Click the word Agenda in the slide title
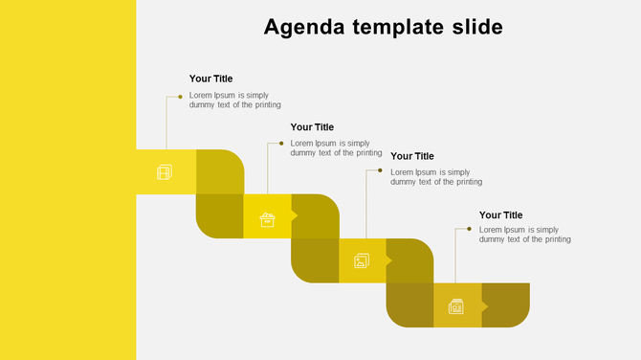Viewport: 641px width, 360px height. [300, 27]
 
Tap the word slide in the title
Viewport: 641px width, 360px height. [476, 27]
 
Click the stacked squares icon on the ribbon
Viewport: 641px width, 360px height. [165, 172]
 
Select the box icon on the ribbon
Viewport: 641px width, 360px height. [268, 220]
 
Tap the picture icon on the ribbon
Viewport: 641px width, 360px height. [362, 260]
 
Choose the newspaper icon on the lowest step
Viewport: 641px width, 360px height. [456, 306]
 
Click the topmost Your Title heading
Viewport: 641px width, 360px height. [210, 79]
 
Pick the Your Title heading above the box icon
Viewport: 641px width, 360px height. [312, 126]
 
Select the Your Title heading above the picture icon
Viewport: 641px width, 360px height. [412, 156]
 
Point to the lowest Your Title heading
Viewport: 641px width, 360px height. [501, 215]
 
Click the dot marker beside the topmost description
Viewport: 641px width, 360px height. [180, 97]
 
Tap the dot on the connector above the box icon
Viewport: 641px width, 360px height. [281, 144]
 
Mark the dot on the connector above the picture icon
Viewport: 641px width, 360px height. [380, 171]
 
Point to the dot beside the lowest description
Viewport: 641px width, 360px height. [469, 229]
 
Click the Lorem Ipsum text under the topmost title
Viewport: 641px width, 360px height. [234, 100]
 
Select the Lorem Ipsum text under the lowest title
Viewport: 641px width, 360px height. [524, 235]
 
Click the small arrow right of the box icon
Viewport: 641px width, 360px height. [294, 216]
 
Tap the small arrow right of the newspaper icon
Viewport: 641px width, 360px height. [485, 306]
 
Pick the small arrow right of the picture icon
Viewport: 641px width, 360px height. [389, 260]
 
